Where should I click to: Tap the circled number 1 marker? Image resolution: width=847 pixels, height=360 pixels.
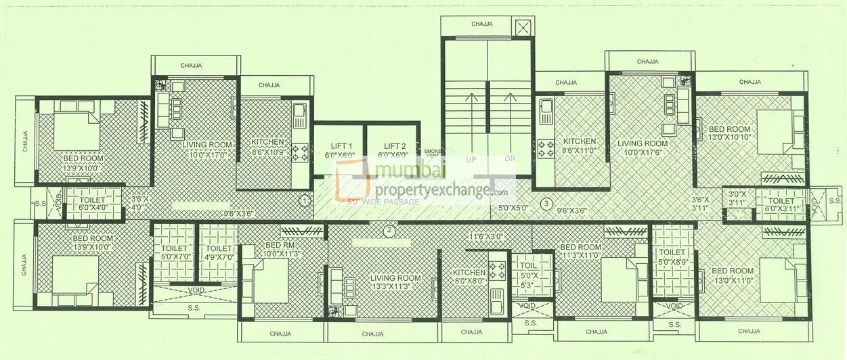pos(305,201)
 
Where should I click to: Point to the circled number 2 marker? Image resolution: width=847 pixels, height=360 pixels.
pos(389,231)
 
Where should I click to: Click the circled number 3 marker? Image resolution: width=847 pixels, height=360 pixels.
pos(546,203)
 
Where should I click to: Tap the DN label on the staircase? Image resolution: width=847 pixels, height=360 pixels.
pos(510,160)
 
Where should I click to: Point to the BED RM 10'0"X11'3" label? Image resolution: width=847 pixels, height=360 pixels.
pos(279,249)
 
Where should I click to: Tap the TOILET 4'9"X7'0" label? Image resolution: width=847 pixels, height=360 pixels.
pos(217,252)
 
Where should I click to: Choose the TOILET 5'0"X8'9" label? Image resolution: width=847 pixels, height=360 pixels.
pos(672,256)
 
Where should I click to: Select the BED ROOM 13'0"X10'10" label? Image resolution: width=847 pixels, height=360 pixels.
pos(729,133)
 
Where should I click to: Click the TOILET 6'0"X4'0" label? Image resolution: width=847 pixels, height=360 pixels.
pos(92,205)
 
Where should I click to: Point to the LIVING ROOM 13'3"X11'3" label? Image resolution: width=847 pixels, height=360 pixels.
pos(395,282)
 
